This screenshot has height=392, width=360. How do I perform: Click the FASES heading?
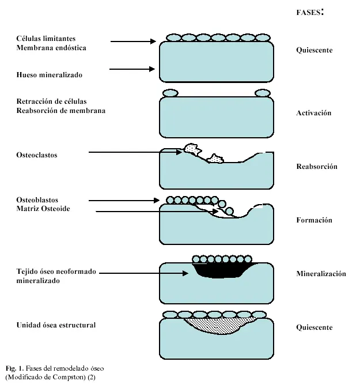(310, 12)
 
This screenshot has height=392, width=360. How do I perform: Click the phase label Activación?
(314, 113)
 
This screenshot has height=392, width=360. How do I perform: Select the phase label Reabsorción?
(317, 167)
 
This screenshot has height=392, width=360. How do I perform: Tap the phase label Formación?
(314, 220)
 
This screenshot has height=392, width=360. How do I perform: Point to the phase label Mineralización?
(321, 274)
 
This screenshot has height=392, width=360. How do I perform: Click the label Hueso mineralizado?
(49, 75)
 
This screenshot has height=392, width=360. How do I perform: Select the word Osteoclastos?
(37, 155)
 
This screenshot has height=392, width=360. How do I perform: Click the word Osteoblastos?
(37, 200)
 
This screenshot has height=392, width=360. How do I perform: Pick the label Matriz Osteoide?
(43, 209)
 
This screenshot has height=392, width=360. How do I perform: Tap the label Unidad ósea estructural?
(56, 325)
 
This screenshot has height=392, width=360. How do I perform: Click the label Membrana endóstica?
(51, 48)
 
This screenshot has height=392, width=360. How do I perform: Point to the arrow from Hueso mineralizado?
(132, 69)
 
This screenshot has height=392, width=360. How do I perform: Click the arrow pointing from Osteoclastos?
(135, 152)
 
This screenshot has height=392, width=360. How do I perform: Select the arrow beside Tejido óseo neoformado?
(143, 273)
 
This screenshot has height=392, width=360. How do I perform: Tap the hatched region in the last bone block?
(220, 326)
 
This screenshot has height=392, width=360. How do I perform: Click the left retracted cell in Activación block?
(170, 93)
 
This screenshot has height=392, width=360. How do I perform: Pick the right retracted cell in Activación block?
(263, 93)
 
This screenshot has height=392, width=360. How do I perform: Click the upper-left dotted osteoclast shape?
(192, 149)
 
